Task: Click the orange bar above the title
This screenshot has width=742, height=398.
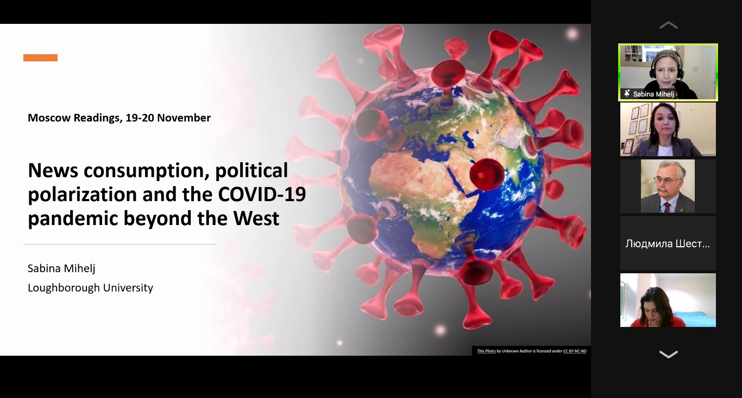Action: click(40, 58)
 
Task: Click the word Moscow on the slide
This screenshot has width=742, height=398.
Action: click(49, 118)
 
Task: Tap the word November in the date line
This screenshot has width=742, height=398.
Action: click(184, 118)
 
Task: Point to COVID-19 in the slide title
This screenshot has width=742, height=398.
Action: click(262, 194)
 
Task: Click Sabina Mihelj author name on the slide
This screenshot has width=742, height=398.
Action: click(61, 268)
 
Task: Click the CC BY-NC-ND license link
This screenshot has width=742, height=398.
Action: click(575, 351)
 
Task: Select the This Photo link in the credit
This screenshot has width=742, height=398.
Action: click(486, 351)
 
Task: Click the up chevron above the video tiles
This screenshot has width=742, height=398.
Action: click(669, 25)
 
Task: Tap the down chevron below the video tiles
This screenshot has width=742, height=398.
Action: click(669, 355)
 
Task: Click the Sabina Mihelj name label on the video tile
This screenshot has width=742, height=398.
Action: click(653, 94)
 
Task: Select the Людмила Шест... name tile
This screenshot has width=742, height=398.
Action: click(668, 243)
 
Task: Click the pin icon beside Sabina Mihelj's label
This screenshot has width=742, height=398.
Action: click(627, 94)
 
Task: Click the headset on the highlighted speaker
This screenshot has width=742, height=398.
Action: click(666, 68)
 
